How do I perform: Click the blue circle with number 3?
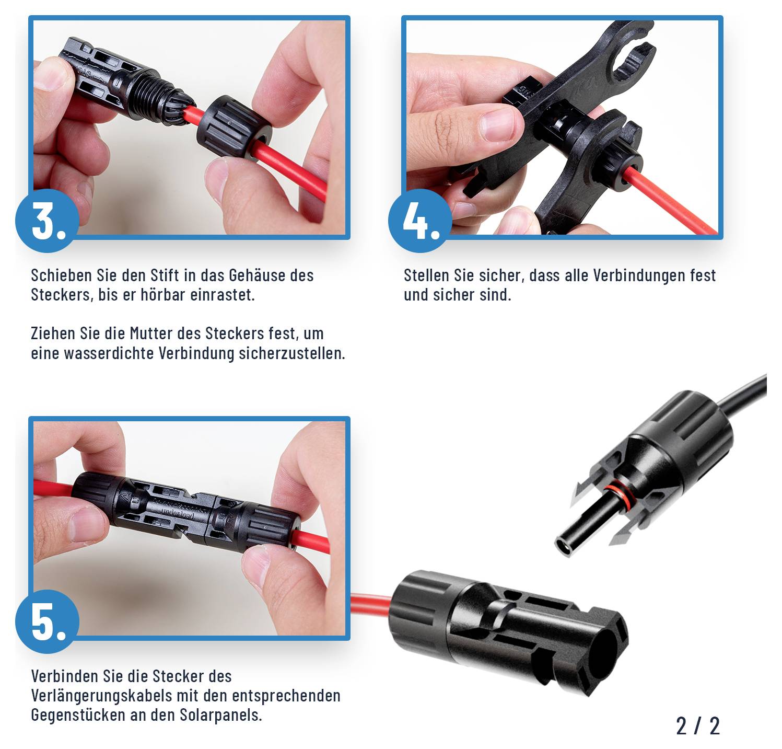47,221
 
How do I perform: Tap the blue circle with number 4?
419,221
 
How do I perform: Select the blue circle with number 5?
47,621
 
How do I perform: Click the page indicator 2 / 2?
697,725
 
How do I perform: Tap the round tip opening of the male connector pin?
566,548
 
